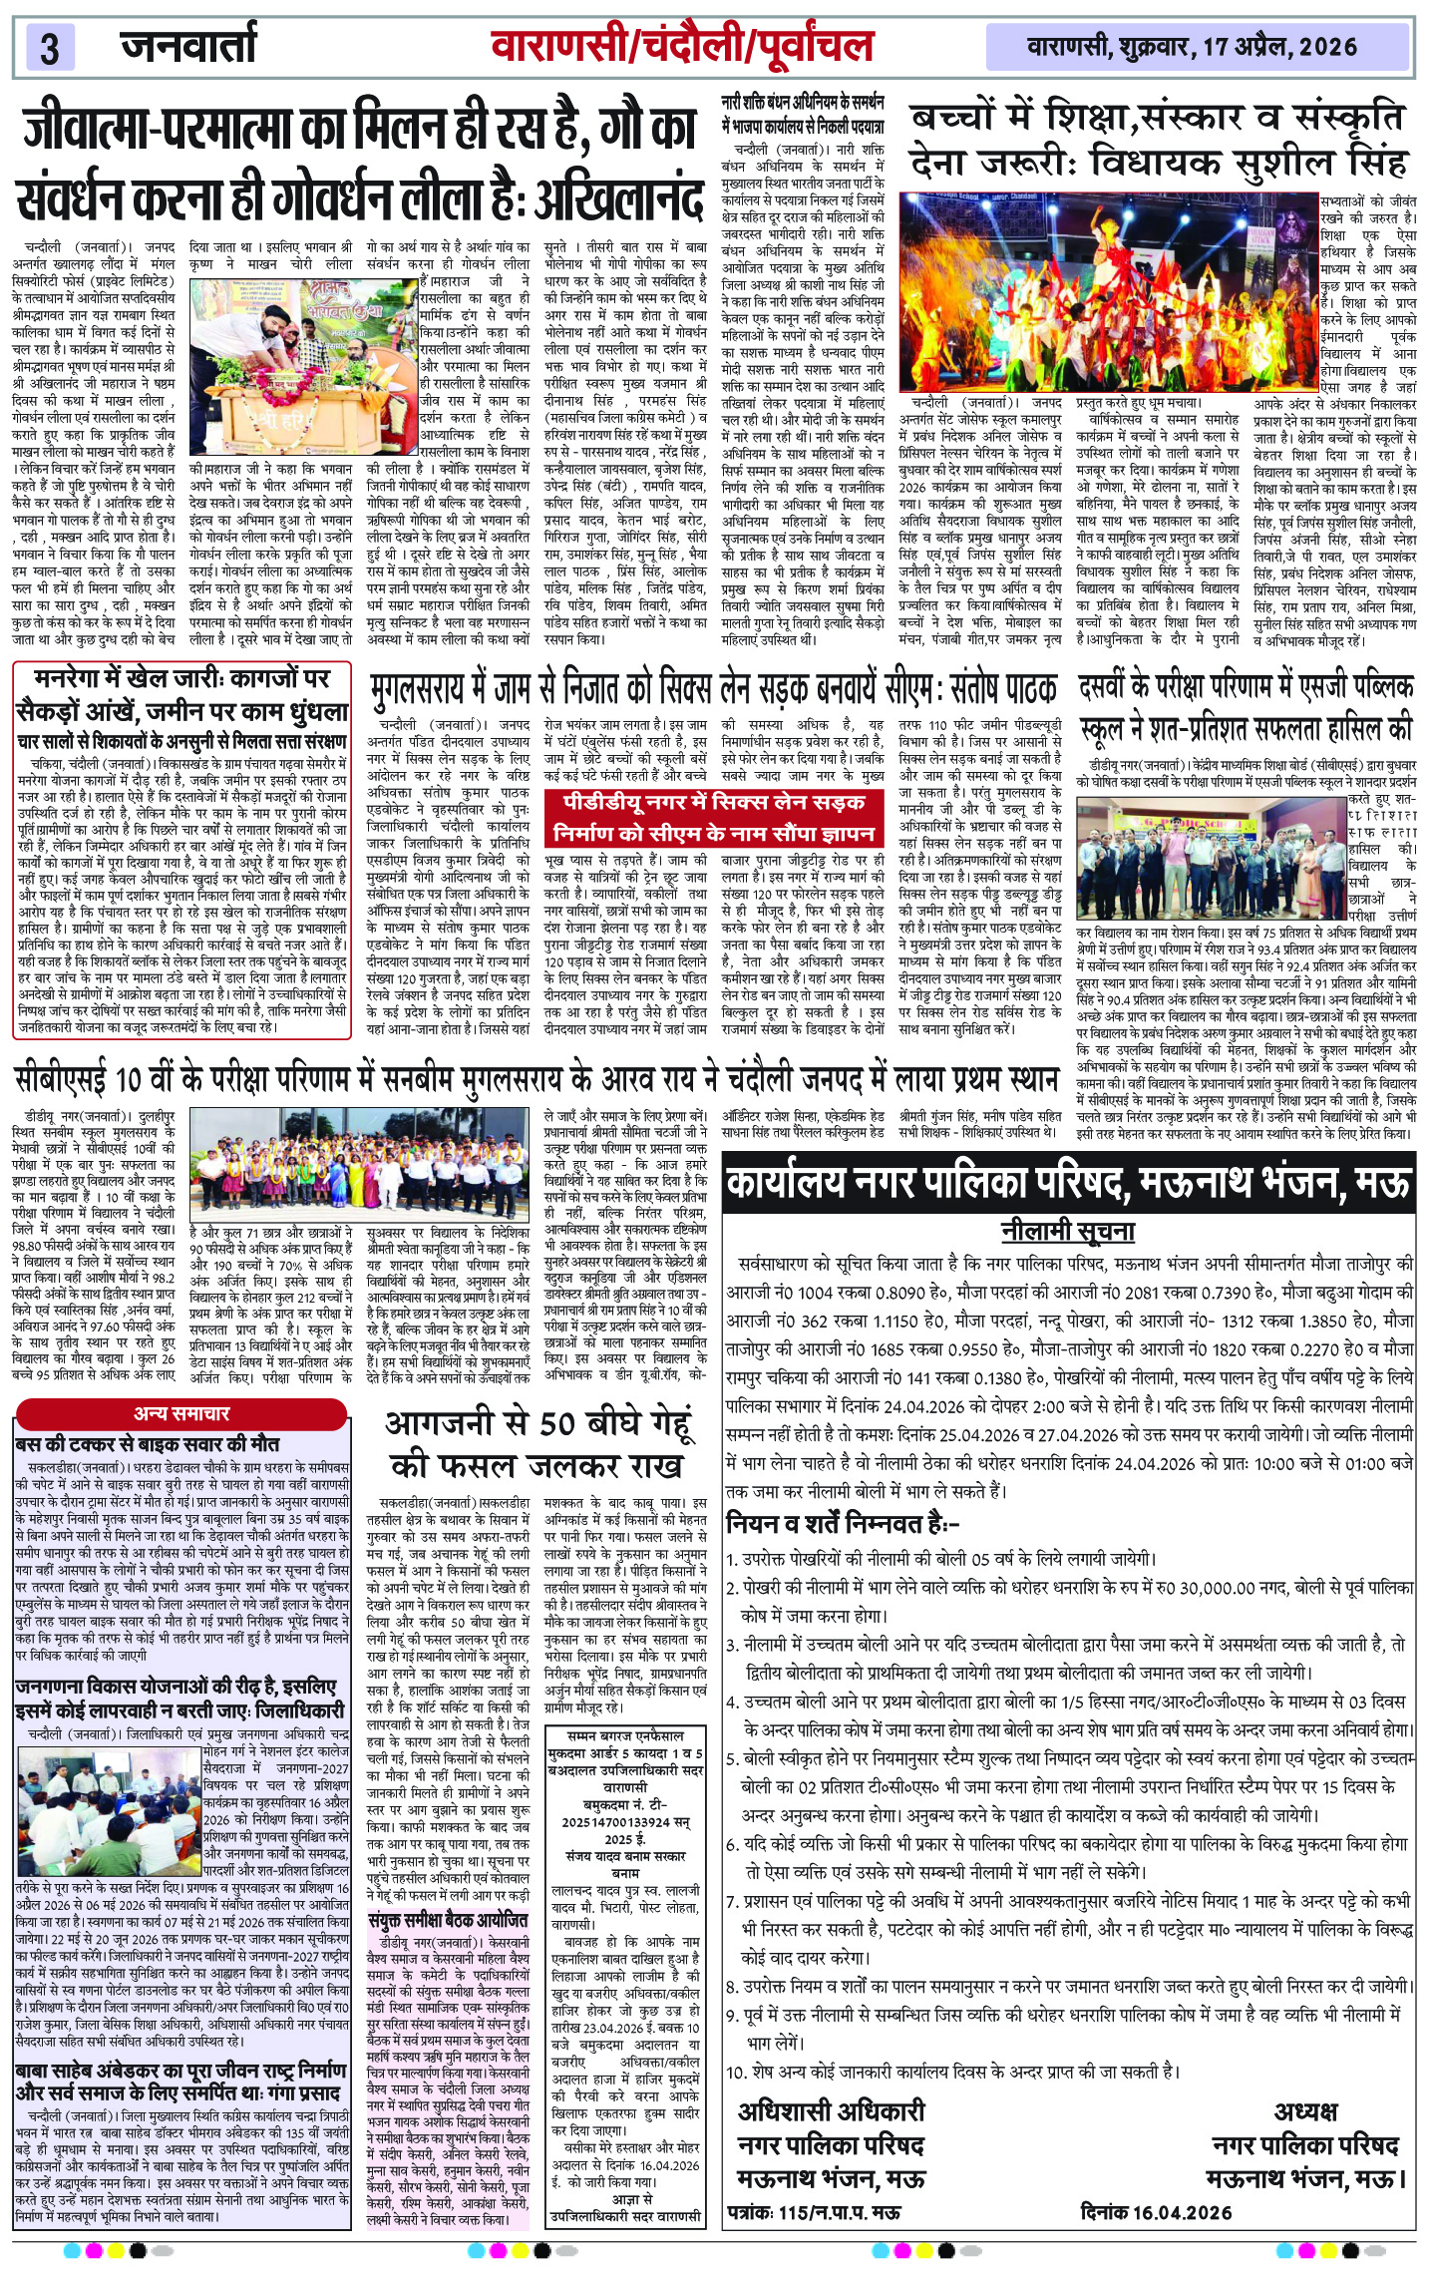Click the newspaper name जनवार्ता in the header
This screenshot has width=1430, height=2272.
188,46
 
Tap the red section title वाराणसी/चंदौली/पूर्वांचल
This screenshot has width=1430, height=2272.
682,46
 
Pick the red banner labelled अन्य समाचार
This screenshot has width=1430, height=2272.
181,1412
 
